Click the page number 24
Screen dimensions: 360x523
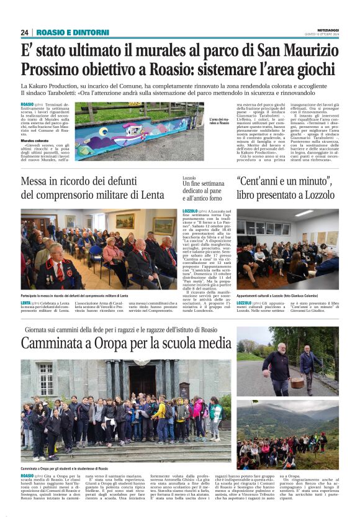(x=24, y=32)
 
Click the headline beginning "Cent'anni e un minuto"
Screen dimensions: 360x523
(x=284, y=182)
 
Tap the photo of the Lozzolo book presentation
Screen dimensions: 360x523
(x=287, y=248)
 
